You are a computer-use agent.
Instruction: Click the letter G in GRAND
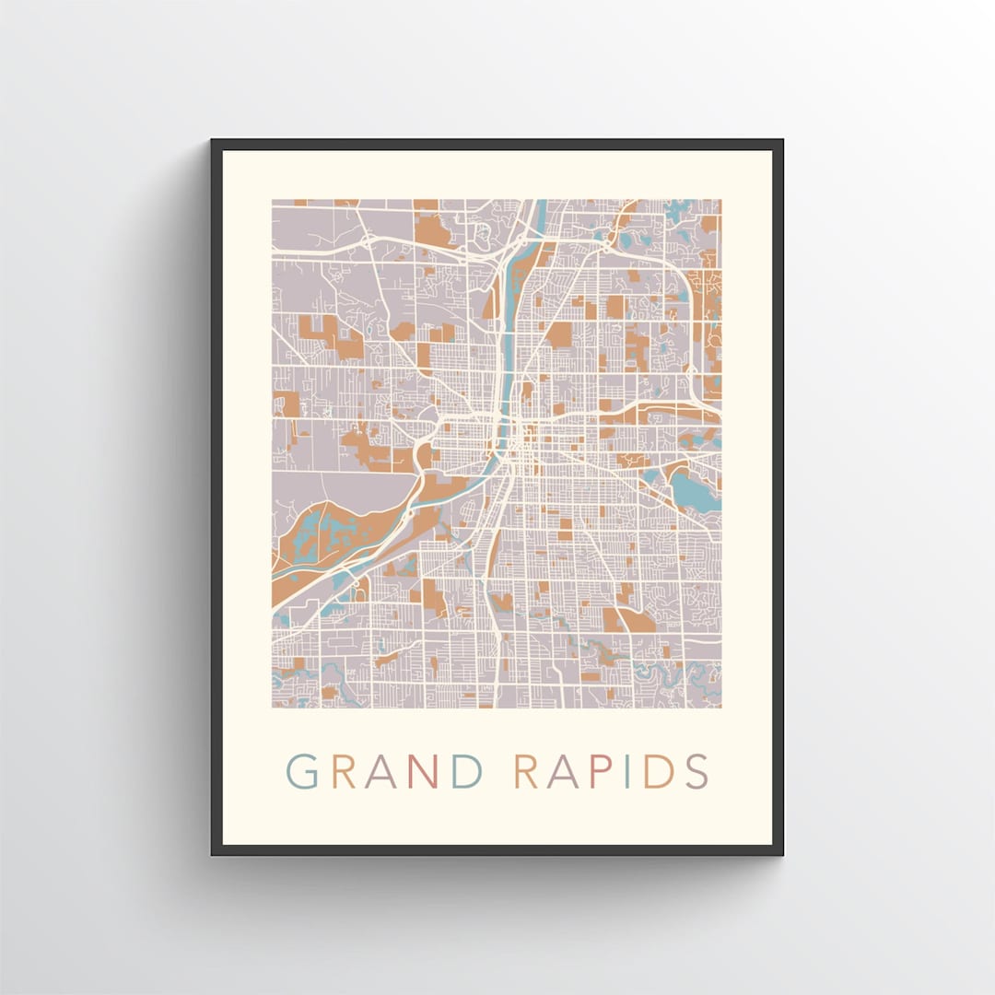pyautogui.click(x=303, y=772)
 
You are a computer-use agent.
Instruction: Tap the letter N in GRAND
pyautogui.click(x=423, y=772)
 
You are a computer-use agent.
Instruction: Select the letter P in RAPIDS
pyautogui.click(x=592, y=772)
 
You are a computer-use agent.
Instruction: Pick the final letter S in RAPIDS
pyautogui.click(x=696, y=772)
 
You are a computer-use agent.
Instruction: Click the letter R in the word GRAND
pyautogui.click(x=344, y=772)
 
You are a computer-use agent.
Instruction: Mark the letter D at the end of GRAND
pyautogui.click(x=466, y=772)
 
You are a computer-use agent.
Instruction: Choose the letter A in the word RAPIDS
pyautogui.click(x=559, y=772)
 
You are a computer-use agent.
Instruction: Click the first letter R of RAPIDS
pyautogui.click(x=526, y=772)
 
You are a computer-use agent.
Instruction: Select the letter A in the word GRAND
pyautogui.click(x=381, y=772)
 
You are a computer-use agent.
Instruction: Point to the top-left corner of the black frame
pyautogui.click(x=213, y=141)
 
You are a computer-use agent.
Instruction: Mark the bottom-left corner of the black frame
pyautogui.click(x=213, y=854)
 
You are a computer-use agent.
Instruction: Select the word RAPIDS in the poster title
pyautogui.click(x=611, y=772)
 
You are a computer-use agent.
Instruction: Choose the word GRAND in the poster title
pyautogui.click(x=384, y=772)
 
